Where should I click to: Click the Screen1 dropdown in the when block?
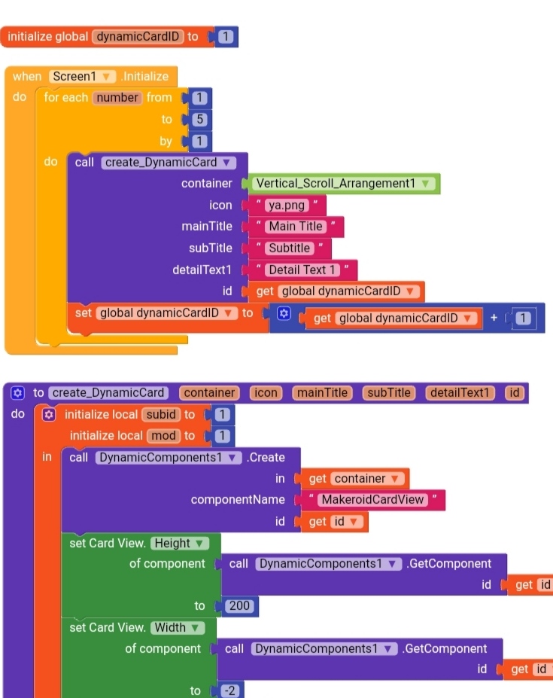82,76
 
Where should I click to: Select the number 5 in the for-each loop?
200,119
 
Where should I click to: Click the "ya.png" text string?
285,205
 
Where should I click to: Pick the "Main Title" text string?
296,226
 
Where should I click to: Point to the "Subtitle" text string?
290,248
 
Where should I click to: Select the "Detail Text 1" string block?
302,270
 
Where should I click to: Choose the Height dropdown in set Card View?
180,543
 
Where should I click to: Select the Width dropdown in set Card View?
177,627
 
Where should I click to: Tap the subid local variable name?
161,414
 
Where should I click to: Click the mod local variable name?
163,435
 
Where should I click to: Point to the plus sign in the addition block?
494,318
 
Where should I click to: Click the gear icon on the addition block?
283,313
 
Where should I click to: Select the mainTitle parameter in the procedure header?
322,392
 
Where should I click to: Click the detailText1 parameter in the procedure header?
459,392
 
